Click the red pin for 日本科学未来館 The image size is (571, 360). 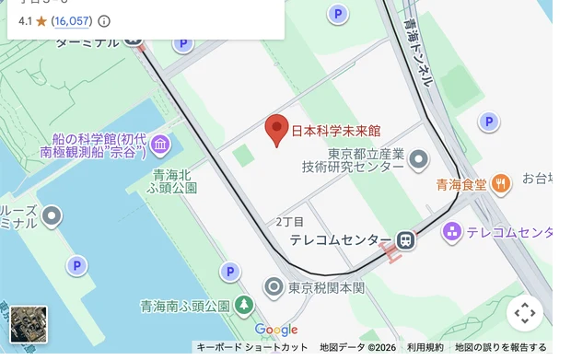coord(277,130)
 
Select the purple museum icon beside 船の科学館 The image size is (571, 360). coord(161,144)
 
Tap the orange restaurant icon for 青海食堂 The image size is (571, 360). coord(501,183)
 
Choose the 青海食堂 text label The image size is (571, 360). coord(461,184)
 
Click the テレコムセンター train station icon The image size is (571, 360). coord(405,240)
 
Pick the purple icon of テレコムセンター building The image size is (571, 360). coord(451,231)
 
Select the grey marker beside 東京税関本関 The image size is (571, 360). coord(274,287)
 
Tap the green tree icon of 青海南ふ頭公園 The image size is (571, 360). coord(243,305)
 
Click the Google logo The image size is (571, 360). coord(276,330)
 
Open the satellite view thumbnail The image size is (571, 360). coord(28,324)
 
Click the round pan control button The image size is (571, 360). coord(525,313)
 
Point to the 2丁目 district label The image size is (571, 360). coord(289,222)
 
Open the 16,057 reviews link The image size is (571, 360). coord(71,20)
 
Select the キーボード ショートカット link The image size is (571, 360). coord(252,347)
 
